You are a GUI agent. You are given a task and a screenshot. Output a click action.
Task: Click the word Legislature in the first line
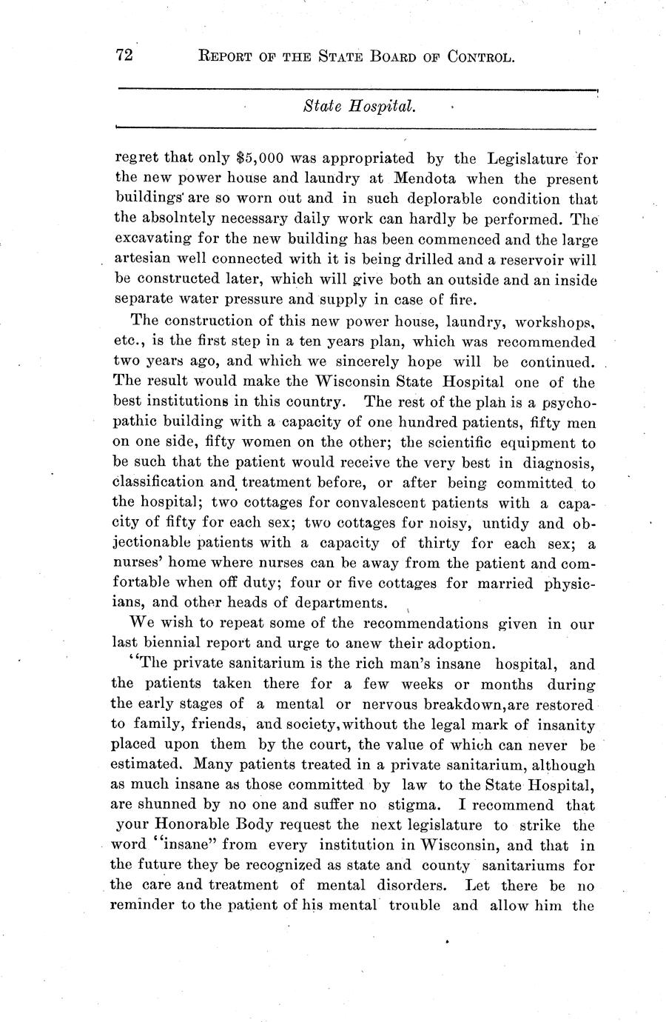click(528, 158)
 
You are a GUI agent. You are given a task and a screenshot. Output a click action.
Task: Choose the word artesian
click(143, 261)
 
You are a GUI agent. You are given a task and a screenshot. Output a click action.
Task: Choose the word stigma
click(417, 805)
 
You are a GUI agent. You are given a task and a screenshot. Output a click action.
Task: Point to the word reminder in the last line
click(145, 906)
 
